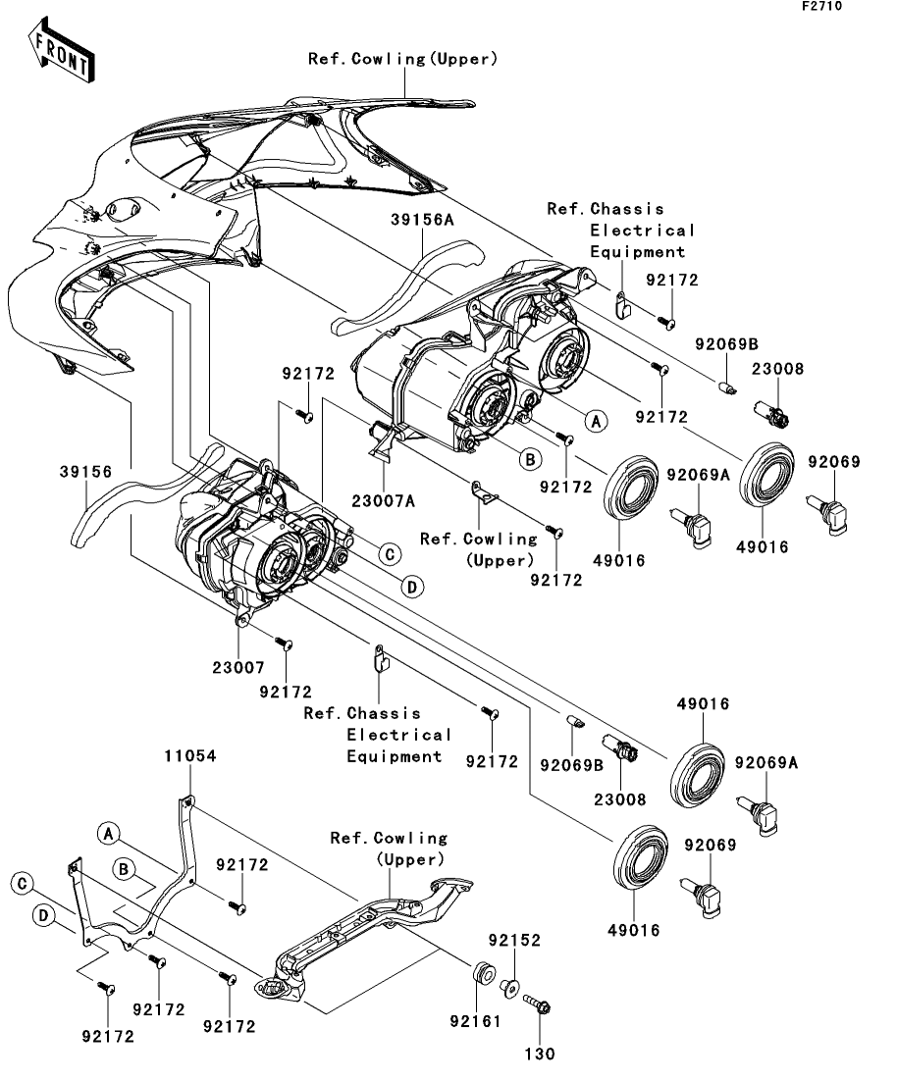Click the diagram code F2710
point(821,6)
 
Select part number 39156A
point(422,220)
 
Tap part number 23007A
point(384,501)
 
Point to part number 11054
point(189,755)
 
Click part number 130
point(540,1054)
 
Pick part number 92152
point(514,940)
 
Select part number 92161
point(475,1020)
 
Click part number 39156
point(85,471)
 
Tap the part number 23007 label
point(238,667)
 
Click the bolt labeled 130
point(537,1004)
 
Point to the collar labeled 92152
point(509,988)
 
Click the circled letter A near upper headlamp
point(596,420)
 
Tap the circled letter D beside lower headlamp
point(412,587)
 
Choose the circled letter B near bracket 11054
point(125,869)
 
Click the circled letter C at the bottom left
point(23,884)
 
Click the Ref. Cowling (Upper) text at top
point(402,59)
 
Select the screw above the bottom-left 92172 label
point(106,988)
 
